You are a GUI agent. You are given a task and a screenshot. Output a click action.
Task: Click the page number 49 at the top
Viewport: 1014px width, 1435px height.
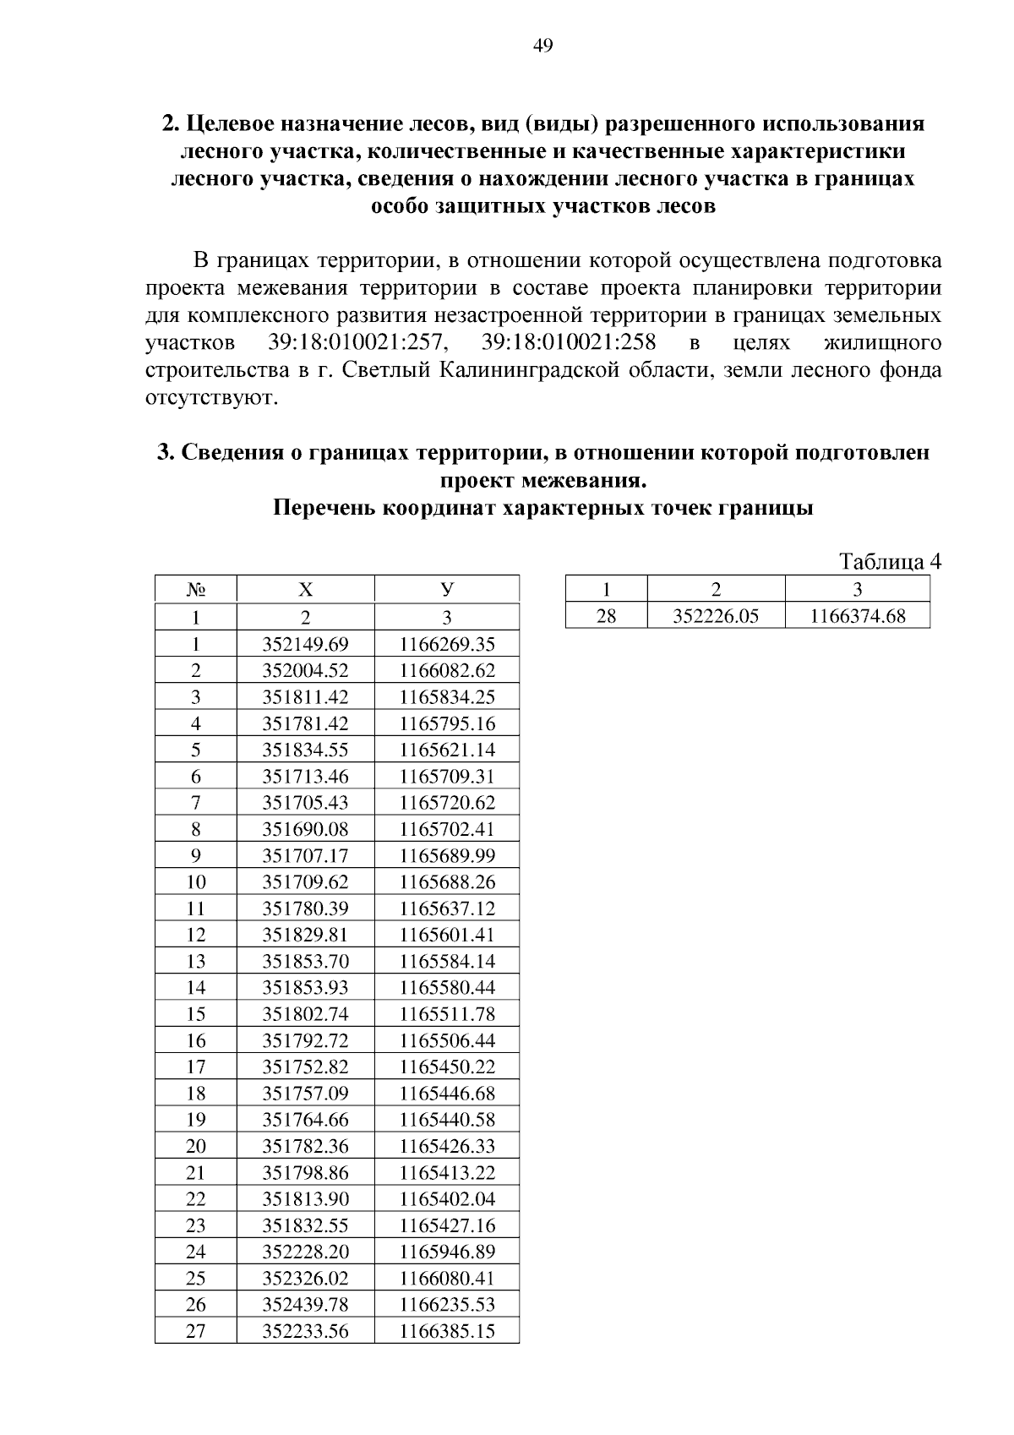pos(542,46)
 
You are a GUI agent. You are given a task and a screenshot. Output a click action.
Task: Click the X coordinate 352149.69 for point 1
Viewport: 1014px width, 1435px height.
pos(305,645)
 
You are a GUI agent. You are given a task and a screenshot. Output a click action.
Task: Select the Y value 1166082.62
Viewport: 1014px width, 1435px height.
pos(447,671)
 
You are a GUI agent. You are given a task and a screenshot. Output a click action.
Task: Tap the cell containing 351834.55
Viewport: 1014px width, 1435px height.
pos(305,750)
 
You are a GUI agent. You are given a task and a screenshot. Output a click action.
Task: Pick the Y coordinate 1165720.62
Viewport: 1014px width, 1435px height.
pos(447,802)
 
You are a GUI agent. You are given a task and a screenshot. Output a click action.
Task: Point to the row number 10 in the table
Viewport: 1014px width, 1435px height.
pos(196,882)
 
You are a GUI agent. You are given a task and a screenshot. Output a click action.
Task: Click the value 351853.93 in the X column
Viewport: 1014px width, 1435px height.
pos(305,987)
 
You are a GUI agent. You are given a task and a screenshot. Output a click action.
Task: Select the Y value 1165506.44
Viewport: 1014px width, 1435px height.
pos(447,1040)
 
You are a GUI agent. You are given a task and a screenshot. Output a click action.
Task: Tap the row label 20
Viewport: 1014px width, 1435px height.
pos(196,1146)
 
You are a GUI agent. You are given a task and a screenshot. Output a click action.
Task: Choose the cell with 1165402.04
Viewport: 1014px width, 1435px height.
pos(447,1198)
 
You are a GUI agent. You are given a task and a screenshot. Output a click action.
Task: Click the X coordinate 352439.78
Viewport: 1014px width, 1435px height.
pos(305,1304)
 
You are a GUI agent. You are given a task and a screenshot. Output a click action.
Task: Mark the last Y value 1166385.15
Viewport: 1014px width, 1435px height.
pos(447,1331)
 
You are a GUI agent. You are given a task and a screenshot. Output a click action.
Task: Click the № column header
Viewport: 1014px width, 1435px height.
pos(196,589)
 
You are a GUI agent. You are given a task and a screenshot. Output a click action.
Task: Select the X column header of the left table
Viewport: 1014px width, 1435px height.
pos(305,589)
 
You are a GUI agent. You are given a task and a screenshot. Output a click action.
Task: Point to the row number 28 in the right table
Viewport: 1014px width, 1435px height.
pos(606,616)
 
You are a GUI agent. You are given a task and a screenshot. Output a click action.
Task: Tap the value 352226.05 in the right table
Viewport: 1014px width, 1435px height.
pos(716,616)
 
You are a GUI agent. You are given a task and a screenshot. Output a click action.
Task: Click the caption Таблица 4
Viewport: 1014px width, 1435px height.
pos(889,561)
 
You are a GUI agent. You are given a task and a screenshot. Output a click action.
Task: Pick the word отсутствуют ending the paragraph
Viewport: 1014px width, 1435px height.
pos(211,397)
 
